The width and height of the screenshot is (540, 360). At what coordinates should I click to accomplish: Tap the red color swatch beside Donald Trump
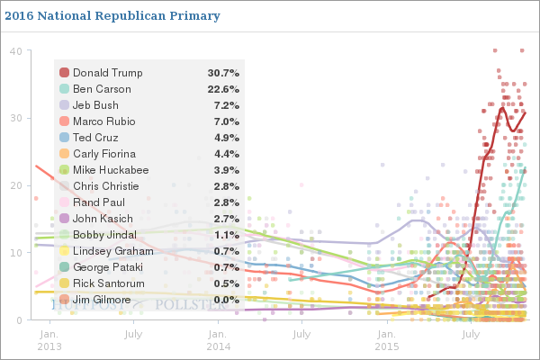pos(64,73)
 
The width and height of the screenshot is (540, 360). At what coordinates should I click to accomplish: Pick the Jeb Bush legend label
pos(96,105)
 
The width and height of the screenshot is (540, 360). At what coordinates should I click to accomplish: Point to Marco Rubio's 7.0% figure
pos(225,121)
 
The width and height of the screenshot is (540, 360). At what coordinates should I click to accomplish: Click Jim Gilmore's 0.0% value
pos(225,300)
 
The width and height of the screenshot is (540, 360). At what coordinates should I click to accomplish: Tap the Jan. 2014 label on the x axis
pos(219,339)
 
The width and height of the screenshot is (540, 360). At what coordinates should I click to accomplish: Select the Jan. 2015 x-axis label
pos(387,339)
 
